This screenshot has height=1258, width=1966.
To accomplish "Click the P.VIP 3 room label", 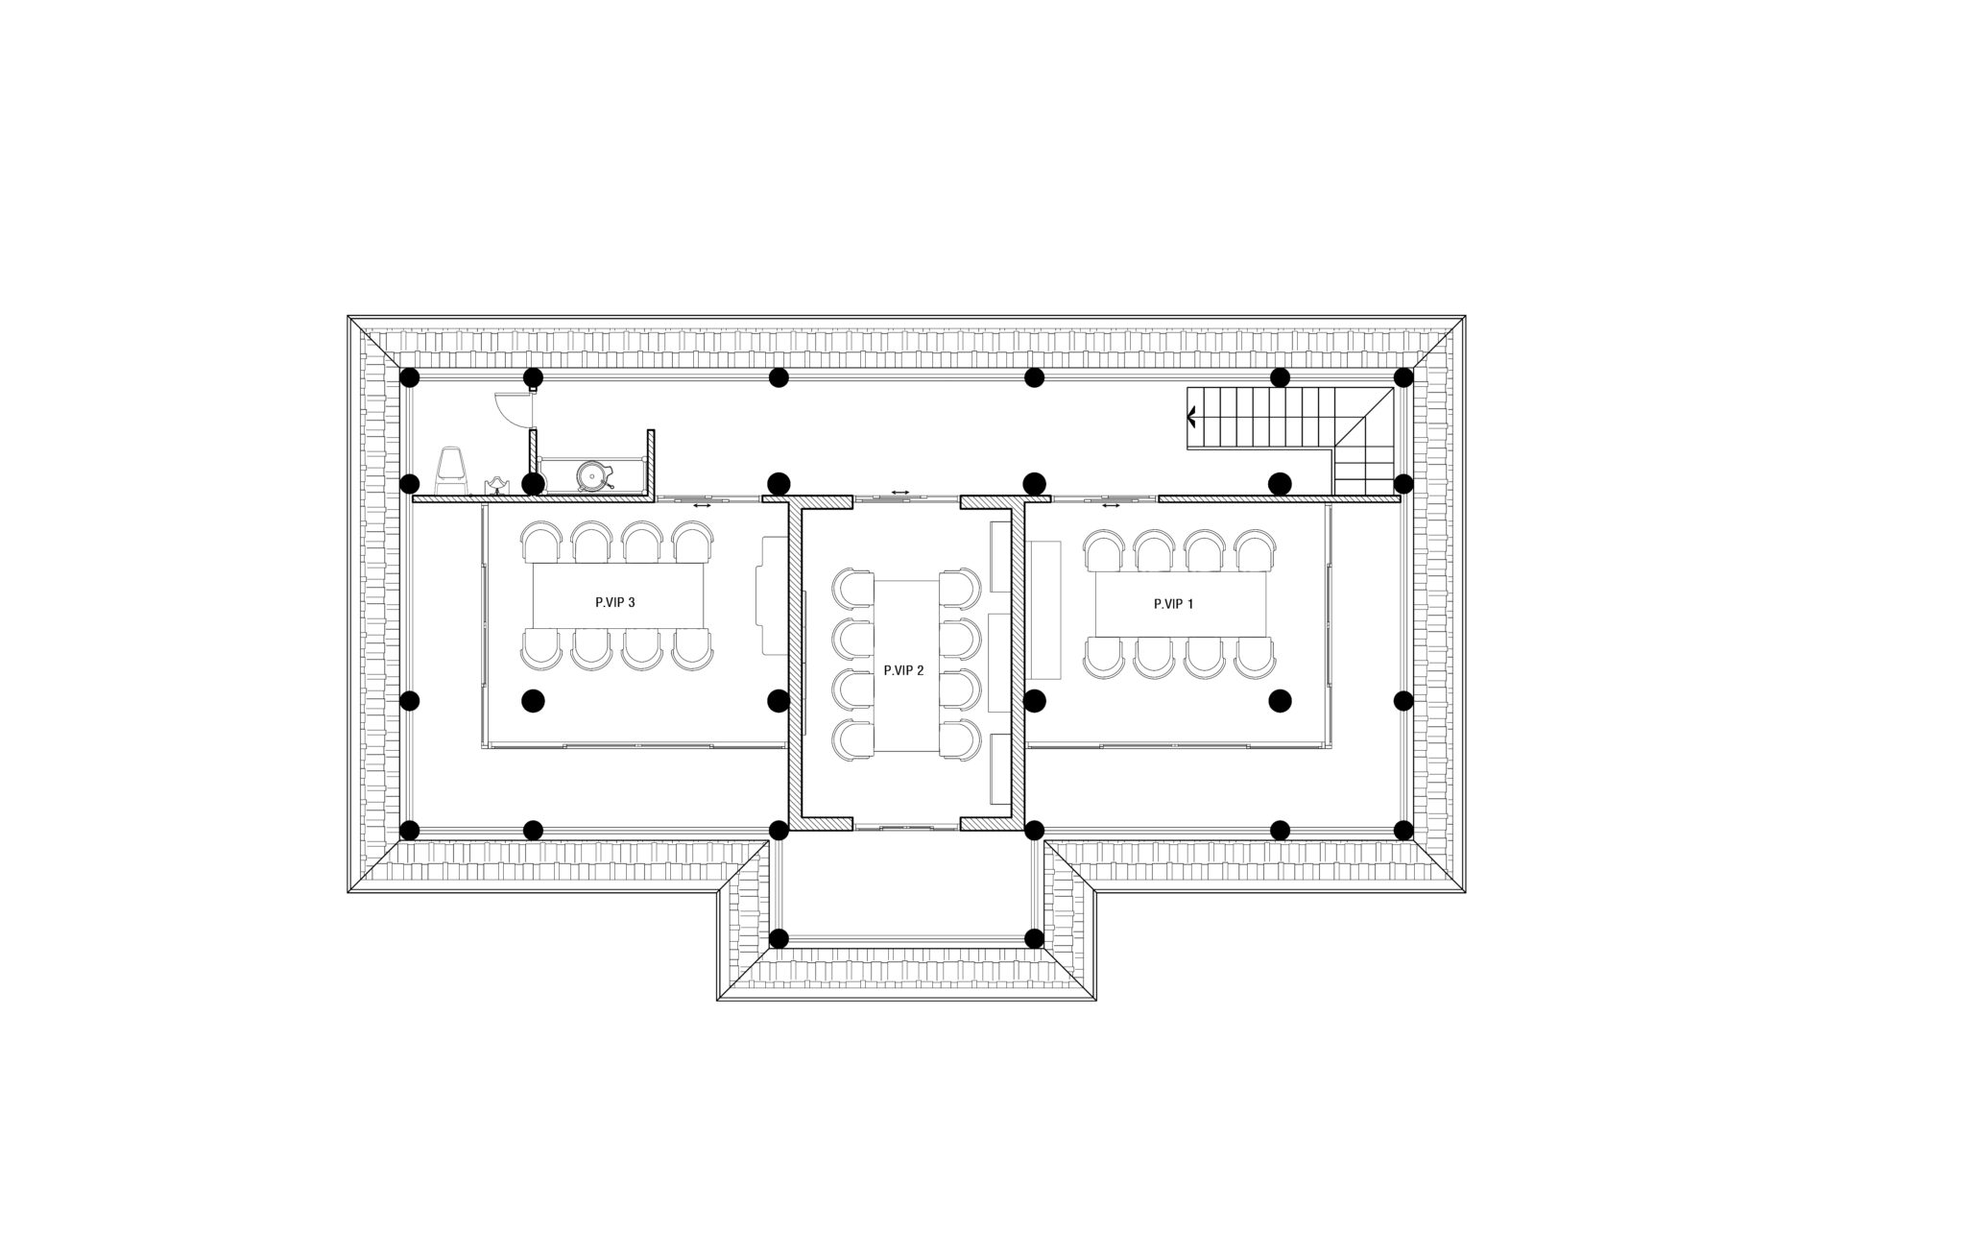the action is click(615, 603).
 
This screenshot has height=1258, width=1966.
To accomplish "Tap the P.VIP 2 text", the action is click(903, 670).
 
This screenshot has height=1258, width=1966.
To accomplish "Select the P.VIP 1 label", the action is click(1173, 604).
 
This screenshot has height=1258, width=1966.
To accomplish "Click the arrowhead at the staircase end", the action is click(1191, 417).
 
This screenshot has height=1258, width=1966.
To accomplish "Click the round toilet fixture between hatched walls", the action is click(592, 474).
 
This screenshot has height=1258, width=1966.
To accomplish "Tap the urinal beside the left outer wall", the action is click(452, 472).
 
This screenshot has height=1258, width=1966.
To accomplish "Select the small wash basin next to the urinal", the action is click(496, 485).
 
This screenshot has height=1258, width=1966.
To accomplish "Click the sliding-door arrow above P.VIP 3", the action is click(702, 505).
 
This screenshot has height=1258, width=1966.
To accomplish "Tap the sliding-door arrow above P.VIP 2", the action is click(899, 492).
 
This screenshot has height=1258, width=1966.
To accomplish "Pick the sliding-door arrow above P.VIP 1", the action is click(1111, 505).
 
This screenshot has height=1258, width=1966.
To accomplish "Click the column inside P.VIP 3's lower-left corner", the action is click(533, 701).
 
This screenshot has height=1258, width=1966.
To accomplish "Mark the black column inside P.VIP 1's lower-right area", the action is click(1280, 701).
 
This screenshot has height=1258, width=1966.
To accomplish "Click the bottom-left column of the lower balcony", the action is click(779, 937).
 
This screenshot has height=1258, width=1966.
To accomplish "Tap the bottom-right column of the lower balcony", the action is click(1034, 937).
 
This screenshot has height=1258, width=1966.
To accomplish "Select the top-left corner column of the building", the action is click(410, 377).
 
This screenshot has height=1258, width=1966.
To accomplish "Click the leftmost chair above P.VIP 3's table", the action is click(540, 544).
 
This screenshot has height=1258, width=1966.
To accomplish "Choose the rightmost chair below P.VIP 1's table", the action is click(1255, 656).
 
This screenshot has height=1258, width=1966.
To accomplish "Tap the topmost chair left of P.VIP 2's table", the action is click(853, 589).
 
